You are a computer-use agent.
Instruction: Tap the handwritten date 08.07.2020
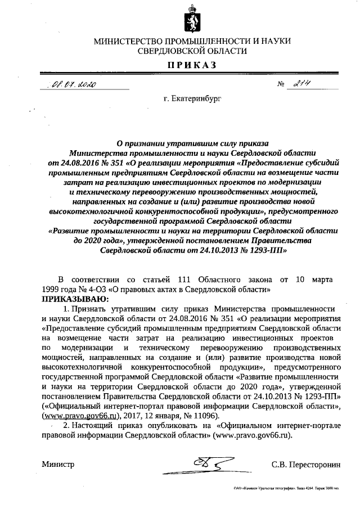pos(73,86)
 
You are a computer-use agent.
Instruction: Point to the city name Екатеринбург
pos(192,98)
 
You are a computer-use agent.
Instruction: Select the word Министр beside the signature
pos(58,465)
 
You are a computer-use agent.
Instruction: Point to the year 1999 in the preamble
pos(52,289)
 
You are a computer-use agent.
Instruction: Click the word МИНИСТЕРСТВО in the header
pos(127,42)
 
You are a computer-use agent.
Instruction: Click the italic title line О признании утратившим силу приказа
pos(192,143)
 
